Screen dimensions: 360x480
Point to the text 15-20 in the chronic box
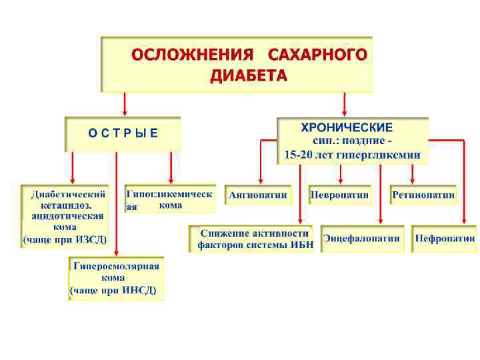click(x=298, y=155)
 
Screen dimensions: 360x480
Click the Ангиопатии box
click(x=258, y=195)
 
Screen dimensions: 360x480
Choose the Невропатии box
click(x=339, y=195)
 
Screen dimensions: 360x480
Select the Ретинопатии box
click(x=423, y=195)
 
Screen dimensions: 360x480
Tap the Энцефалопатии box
click(x=362, y=238)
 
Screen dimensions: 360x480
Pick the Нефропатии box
click(x=445, y=238)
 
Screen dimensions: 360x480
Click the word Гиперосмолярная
click(x=117, y=266)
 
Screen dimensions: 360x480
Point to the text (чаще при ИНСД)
click(x=114, y=291)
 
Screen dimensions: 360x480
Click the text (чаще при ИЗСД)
click(x=65, y=239)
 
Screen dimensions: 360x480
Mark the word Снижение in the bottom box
click(x=225, y=233)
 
